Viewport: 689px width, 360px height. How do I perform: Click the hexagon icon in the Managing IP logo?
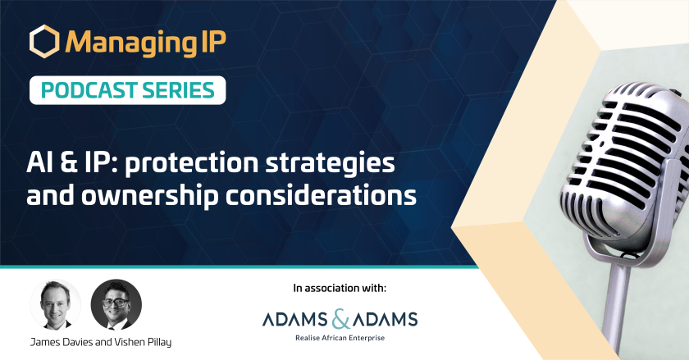44,41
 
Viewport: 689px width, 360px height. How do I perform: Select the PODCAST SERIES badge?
127,90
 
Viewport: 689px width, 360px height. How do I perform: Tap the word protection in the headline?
192,163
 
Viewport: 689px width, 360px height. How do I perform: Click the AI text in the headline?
39,162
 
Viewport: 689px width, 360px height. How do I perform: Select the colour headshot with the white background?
56,304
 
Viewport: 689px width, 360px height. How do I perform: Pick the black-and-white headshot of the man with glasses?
116,304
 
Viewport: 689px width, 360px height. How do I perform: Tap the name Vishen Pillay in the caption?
143,342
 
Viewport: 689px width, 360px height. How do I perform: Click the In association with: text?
340,288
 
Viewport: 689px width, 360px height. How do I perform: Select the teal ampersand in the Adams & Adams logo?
341,319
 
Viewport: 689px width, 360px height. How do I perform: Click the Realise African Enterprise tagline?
340,338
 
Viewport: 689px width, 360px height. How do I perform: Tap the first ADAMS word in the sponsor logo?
294,320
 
